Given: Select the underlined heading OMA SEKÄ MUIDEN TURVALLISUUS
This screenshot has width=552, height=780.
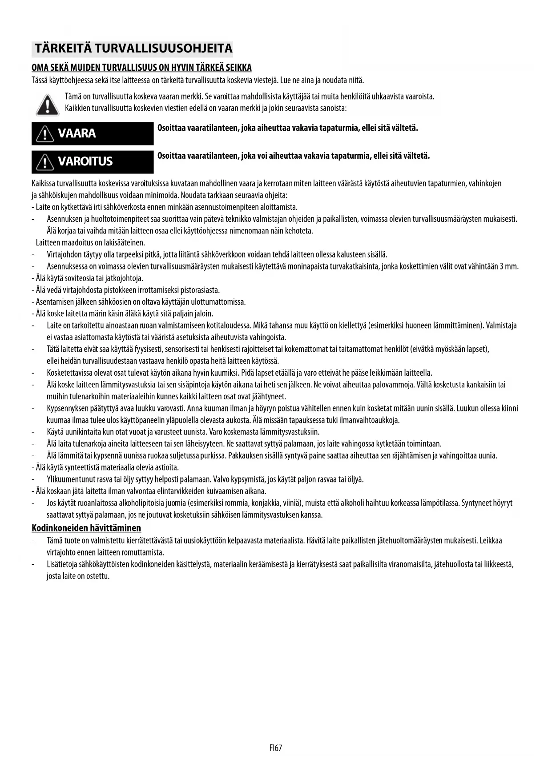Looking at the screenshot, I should tap(141, 68).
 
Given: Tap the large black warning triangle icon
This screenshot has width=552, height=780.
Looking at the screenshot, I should tap(47, 105).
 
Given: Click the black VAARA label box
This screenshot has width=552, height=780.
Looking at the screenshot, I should tap(93, 133).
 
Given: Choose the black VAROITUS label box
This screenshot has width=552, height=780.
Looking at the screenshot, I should tap(93, 161).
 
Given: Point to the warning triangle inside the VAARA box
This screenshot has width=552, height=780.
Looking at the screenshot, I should tap(44, 134).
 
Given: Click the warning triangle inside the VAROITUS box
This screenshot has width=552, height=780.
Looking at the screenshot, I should tap(44, 162).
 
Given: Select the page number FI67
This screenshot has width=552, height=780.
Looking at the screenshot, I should tap(276, 748).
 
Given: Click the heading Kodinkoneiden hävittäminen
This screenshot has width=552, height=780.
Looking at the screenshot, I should tap(86, 528).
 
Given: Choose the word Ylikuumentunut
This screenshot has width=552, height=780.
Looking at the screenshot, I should tap(68, 479).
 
